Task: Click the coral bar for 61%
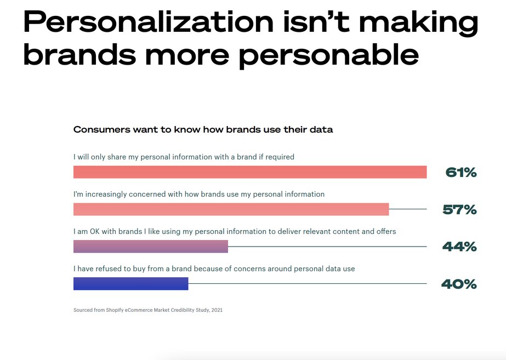(250, 172)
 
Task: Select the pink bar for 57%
(231, 209)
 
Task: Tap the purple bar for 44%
(151, 247)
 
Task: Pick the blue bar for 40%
(130, 283)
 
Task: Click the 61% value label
(461, 173)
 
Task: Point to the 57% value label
(459, 210)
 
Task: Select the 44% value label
(459, 247)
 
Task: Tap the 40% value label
(459, 284)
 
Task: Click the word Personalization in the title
(149, 22)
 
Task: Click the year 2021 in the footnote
(217, 310)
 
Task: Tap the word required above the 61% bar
(280, 157)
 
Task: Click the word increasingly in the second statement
(106, 195)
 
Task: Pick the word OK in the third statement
(94, 232)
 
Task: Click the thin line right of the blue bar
(307, 283)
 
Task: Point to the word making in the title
(418, 23)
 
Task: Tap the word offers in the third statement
(386, 232)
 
